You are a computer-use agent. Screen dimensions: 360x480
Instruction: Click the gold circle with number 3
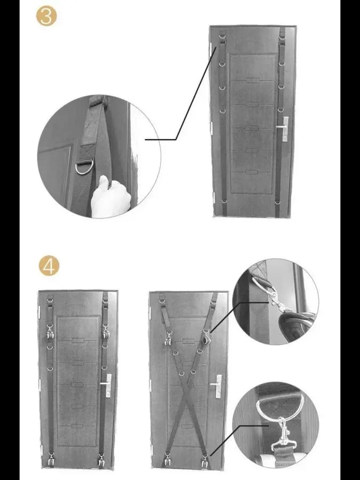tap(46, 16)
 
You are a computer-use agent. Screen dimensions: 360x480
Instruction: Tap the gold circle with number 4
tap(49, 266)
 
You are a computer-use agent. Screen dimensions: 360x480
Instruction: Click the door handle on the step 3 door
tap(284, 128)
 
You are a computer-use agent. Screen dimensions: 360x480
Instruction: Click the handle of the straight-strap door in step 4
tap(107, 385)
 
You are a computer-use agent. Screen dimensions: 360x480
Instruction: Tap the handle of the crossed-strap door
tap(217, 386)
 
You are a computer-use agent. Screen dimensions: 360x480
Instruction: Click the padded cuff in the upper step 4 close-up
tap(295, 325)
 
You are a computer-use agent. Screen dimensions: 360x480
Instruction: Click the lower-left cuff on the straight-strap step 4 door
tap(51, 459)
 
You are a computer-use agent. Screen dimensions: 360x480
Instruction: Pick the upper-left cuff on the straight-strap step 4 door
tap(50, 332)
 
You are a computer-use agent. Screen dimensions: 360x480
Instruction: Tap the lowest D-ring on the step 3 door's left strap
tap(224, 201)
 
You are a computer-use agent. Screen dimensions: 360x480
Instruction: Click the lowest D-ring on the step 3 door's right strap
tap(277, 202)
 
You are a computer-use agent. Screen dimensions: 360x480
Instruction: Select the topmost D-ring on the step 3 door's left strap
tap(222, 36)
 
